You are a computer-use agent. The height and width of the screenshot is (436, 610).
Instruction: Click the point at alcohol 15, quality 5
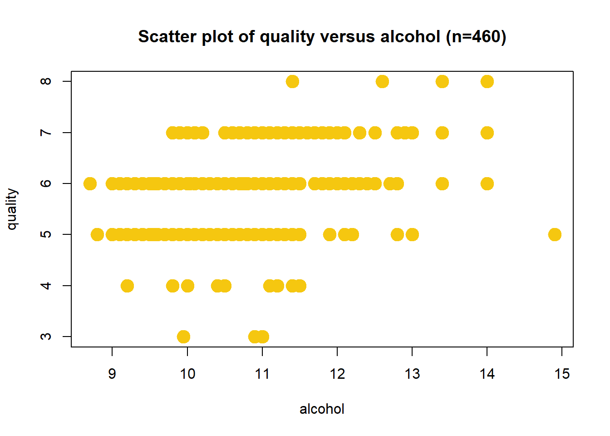(555, 235)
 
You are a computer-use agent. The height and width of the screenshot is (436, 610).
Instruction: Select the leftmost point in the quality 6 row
(90, 184)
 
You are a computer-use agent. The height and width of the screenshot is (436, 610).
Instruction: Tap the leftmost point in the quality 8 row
(292, 82)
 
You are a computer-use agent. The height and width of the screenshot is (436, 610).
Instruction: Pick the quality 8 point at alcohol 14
(487, 82)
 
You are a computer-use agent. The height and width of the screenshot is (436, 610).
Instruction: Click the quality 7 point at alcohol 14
(487, 133)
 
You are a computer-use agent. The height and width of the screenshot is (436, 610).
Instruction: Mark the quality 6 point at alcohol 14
(487, 184)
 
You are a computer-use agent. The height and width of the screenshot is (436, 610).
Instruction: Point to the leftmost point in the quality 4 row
(127, 286)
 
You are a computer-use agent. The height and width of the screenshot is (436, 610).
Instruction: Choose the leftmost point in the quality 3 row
(183, 337)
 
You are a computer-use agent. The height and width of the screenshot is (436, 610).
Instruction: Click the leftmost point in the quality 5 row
(97, 235)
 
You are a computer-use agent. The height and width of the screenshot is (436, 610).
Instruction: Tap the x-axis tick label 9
(112, 374)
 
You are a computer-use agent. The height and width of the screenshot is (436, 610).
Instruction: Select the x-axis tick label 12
(337, 374)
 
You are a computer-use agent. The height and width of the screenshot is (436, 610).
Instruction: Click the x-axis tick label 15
(562, 374)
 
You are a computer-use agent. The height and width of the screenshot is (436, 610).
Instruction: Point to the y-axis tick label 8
(46, 82)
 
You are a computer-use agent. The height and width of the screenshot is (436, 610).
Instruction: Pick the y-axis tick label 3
(46, 337)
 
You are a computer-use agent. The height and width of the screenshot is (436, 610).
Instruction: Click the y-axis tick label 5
(46, 234)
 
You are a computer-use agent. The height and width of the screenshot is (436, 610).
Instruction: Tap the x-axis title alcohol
(322, 409)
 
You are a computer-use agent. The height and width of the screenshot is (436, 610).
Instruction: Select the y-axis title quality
(12, 209)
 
